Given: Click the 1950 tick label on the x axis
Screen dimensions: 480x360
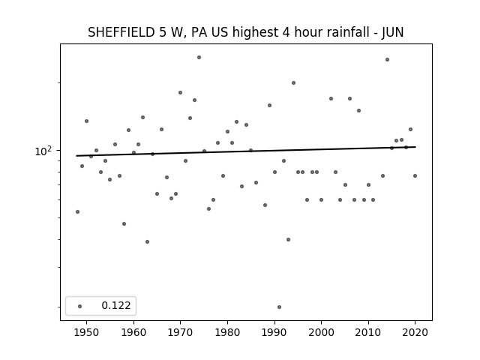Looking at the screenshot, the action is [x=87, y=332].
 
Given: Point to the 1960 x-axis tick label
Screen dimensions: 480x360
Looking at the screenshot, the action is [x=133, y=332].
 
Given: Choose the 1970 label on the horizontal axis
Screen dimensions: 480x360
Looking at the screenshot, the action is [x=181, y=332].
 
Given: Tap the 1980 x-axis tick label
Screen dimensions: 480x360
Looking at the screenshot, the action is [x=227, y=332].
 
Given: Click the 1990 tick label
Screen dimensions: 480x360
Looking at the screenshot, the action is [x=274, y=332].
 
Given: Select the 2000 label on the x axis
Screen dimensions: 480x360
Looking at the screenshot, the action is [x=322, y=332].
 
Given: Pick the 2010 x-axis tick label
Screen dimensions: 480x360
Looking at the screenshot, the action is [x=368, y=332].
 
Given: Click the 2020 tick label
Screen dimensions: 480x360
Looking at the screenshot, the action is [x=415, y=332].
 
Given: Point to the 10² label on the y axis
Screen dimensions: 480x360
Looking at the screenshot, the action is [x=43, y=151].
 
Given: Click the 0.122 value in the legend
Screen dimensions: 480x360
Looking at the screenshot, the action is [x=116, y=305].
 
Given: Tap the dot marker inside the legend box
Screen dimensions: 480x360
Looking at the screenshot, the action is [x=80, y=306].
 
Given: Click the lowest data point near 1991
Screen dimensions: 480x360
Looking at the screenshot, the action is [x=279, y=307].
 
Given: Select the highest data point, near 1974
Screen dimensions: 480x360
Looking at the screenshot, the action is [x=199, y=57].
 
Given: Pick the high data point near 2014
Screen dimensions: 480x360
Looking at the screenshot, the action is [x=387, y=60].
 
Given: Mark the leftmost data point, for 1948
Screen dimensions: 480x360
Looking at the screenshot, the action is [x=77, y=211].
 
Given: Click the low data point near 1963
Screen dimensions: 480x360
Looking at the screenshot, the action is [x=147, y=241].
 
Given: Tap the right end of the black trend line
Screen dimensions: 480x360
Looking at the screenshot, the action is [x=415, y=147].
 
